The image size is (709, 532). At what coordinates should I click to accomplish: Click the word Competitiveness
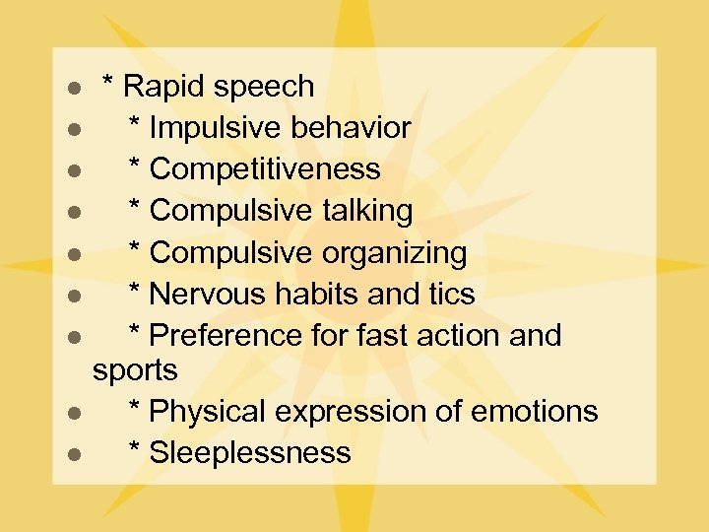[x=265, y=169]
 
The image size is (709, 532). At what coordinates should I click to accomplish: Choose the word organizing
[x=394, y=254]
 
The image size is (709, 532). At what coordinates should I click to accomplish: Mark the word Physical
[x=209, y=412]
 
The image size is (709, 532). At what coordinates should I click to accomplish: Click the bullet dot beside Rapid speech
[x=73, y=89]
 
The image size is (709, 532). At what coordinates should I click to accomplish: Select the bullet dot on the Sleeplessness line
[x=73, y=454]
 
